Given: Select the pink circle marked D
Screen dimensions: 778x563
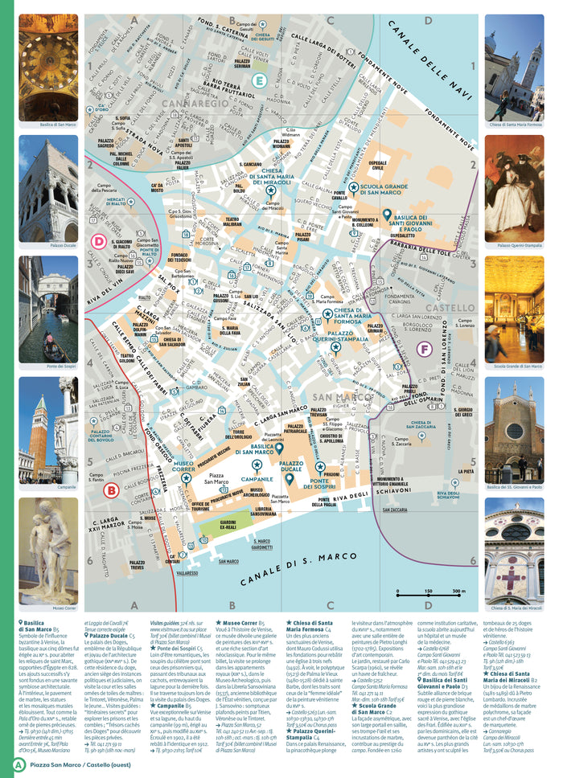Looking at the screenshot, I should (99, 240).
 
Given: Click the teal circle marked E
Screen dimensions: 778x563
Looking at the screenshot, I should (259, 80).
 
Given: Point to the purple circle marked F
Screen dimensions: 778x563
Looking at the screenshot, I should (424, 349).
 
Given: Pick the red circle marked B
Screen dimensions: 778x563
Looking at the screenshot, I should (112, 489).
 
